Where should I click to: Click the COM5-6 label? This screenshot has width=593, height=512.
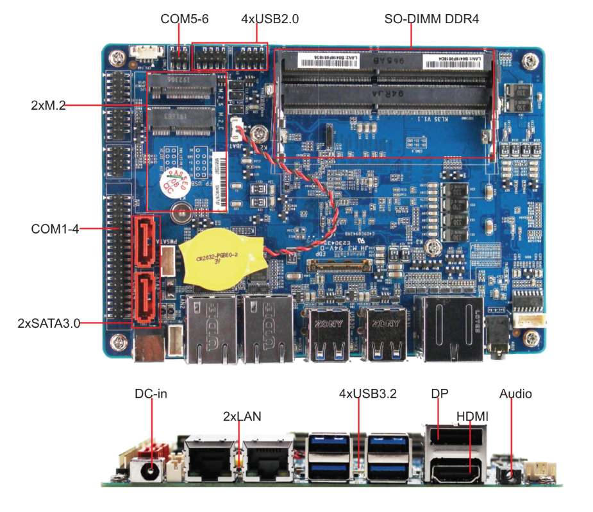click(x=184, y=19)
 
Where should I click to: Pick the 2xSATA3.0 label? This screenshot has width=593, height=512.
click(x=49, y=323)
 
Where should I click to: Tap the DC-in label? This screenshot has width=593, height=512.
click(x=151, y=393)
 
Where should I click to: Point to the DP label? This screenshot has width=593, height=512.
click(x=439, y=393)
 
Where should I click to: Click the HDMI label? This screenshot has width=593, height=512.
click(x=472, y=416)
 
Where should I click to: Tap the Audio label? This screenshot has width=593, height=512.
click(x=515, y=393)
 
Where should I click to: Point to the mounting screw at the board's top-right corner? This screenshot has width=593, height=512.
click(x=530, y=62)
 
